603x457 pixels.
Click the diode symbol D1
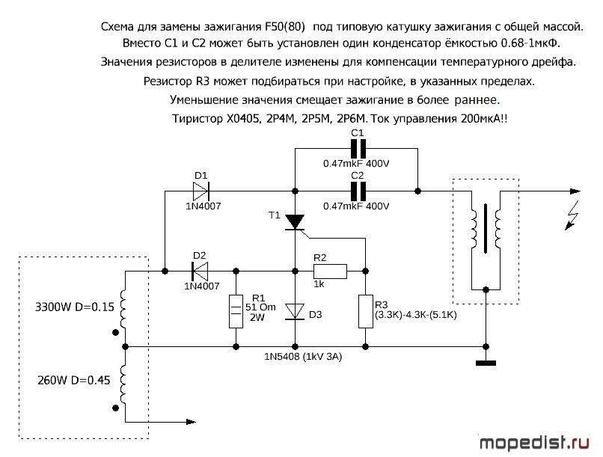(x=201, y=191)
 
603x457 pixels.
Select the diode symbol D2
(x=200, y=271)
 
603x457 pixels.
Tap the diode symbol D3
(x=295, y=311)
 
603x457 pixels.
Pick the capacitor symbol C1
(x=358, y=149)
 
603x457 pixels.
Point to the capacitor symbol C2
(x=358, y=191)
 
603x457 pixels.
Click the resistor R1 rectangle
(x=236, y=311)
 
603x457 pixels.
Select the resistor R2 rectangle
(x=330, y=271)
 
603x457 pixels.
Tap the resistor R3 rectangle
(x=365, y=311)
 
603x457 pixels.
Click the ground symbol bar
(x=486, y=363)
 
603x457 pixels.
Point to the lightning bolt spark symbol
(x=572, y=215)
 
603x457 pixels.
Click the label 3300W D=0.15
(x=75, y=307)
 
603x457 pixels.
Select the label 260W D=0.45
(x=73, y=381)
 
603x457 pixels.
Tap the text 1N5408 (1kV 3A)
(x=303, y=357)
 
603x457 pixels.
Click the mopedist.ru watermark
(x=534, y=443)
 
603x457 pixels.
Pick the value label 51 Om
(x=260, y=307)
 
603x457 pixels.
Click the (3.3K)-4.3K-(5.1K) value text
(x=416, y=315)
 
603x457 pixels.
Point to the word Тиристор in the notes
(x=196, y=119)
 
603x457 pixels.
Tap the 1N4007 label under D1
(x=203, y=206)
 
